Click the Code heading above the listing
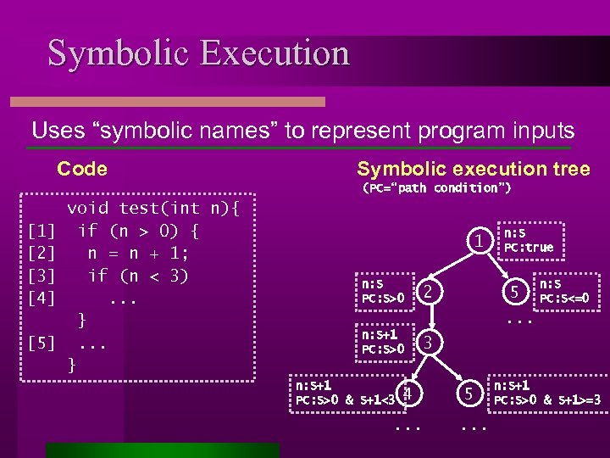click(x=82, y=169)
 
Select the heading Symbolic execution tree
click(x=473, y=169)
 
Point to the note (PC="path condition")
click(x=436, y=187)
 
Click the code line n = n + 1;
click(x=138, y=253)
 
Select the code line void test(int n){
click(x=153, y=208)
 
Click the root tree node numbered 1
click(x=480, y=241)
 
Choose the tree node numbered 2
click(x=429, y=292)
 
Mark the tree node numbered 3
click(x=429, y=343)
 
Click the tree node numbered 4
click(x=408, y=394)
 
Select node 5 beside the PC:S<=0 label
click(x=513, y=292)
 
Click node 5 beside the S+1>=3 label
click(x=467, y=394)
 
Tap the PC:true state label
click(x=528, y=248)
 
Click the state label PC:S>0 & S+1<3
click(x=346, y=399)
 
